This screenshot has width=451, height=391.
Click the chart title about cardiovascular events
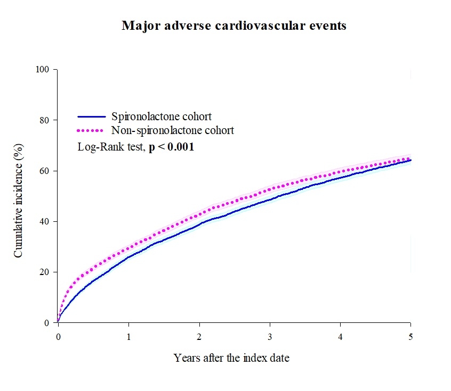point(234,26)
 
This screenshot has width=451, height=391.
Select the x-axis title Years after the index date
point(231,358)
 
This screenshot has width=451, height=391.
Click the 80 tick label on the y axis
point(46,120)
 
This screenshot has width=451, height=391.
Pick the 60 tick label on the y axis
point(46,171)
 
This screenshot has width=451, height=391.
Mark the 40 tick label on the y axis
point(46,221)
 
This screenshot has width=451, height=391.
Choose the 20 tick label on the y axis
point(46,272)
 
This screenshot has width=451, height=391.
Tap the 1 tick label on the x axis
point(128,337)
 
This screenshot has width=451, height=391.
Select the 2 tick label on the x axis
point(199,337)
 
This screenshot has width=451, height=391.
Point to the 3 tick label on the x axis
point(270,337)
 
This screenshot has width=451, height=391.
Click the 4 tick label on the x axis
point(340,337)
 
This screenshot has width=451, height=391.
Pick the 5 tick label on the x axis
point(410,337)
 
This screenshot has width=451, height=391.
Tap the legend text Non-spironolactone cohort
point(173,130)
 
